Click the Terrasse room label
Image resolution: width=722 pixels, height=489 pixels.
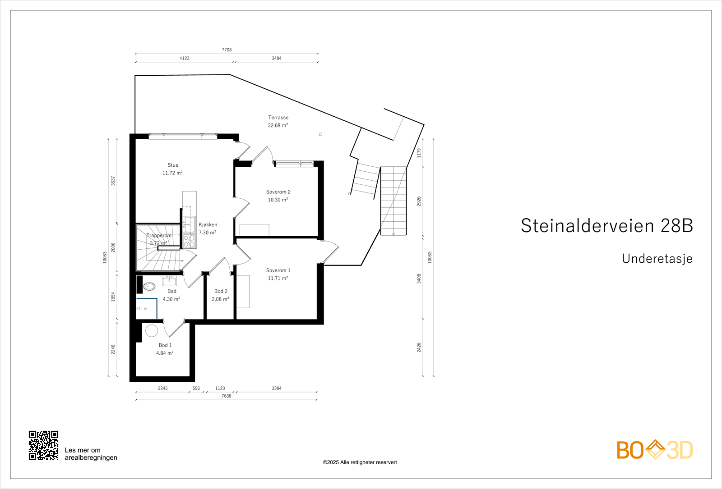(x=278, y=118)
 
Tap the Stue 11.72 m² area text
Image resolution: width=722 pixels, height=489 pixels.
(x=172, y=173)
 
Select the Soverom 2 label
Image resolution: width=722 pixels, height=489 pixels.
(x=278, y=192)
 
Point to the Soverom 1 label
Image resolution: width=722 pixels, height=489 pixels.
(x=278, y=270)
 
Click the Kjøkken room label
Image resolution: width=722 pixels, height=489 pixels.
(x=208, y=225)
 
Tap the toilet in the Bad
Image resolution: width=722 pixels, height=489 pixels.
(x=149, y=286)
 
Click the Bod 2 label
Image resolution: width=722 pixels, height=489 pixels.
(x=221, y=292)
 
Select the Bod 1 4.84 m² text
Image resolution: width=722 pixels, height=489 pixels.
(x=165, y=353)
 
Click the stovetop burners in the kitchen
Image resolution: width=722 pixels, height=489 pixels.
(x=190, y=241)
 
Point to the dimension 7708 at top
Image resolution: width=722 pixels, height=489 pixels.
(x=227, y=50)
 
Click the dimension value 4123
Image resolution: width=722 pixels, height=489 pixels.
(x=184, y=58)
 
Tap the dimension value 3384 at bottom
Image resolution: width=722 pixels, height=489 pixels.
(x=276, y=388)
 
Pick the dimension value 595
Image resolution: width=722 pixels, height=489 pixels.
(x=196, y=388)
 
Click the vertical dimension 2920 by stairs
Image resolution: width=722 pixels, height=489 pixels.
(x=419, y=201)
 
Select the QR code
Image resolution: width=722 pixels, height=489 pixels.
(x=44, y=445)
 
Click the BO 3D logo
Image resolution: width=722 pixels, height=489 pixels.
(x=654, y=450)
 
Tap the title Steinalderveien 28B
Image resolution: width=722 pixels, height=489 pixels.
(x=606, y=226)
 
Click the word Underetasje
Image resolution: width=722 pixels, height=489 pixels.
(x=657, y=259)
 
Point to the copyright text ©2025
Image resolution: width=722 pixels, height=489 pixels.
(x=360, y=462)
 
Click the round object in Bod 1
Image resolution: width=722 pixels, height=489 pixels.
(x=152, y=331)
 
